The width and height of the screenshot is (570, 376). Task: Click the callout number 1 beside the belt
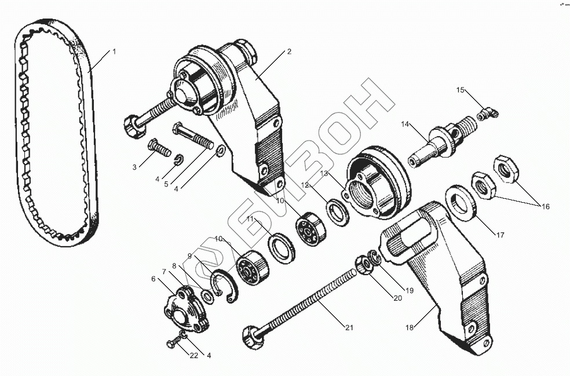pyautogui.click(x=114, y=52)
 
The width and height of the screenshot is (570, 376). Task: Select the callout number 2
pyautogui.click(x=289, y=52)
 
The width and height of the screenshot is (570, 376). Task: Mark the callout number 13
pyautogui.click(x=324, y=173)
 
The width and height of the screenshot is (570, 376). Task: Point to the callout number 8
pyautogui.click(x=174, y=266)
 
